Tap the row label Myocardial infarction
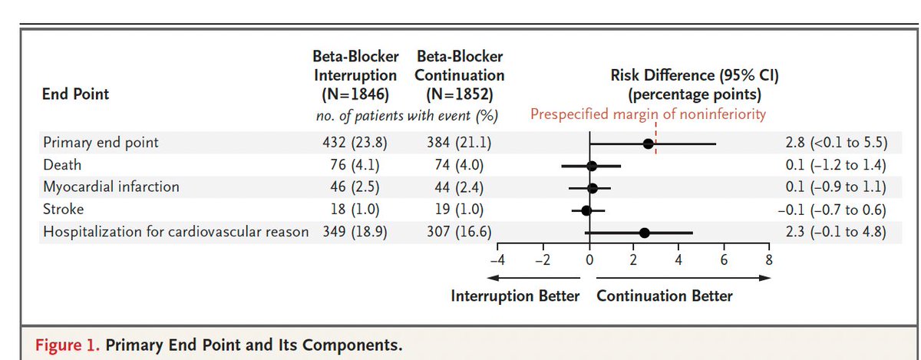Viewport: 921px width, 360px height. (x=111, y=187)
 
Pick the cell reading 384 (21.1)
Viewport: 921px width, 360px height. (x=459, y=143)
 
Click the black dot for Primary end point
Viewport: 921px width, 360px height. (x=649, y=144)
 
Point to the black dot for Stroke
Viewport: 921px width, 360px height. (x=586, y=210)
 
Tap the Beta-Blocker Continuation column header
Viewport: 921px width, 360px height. (x=459, y=76)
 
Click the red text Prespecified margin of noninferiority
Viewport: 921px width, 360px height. (x=648, y=115)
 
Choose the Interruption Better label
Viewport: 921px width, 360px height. (x=515, y=296)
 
